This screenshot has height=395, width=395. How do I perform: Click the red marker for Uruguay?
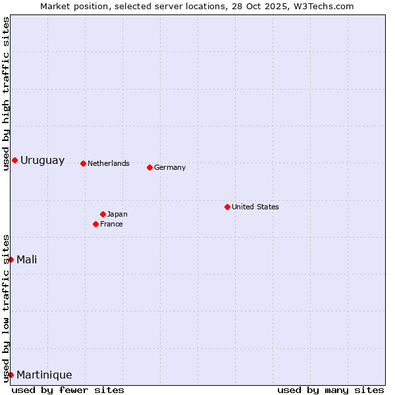tap(14, 160)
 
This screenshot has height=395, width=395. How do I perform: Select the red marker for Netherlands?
tap(83, 163)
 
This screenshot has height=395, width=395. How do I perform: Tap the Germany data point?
tap(149, 167)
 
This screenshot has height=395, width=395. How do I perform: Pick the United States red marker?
tap(227, 207)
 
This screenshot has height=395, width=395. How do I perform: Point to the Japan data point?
tap(103, 214)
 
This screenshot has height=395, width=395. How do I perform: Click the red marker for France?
tap(95, 224)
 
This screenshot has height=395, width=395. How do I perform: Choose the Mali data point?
tap(11, 259)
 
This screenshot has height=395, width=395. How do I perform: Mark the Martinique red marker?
tap(11, 375)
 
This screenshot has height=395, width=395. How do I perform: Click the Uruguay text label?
tap(43, 161)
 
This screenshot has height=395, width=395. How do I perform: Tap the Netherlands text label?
tap(109, 163)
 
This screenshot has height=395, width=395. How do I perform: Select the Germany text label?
tap(170, 167)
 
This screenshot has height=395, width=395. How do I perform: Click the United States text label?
tap(255, 207)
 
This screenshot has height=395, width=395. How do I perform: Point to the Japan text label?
tap(117, 214)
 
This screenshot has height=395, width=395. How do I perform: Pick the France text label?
tap(111, 224)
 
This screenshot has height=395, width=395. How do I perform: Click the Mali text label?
tap(27, 259)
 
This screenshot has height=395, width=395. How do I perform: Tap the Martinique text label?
tap(44, 375)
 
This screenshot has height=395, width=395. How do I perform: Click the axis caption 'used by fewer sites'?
tap(68, 390)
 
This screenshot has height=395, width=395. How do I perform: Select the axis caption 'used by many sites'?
tap(330, 390)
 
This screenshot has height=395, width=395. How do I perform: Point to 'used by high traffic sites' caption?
tap(6, 94)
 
